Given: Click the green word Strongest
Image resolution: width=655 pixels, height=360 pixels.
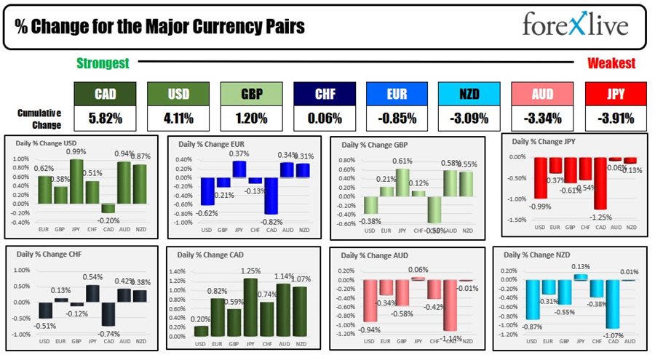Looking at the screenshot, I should [103, 63].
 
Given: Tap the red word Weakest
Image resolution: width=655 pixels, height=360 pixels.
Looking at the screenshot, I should [611, 63].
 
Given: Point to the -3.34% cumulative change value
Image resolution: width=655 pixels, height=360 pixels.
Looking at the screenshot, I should [541, 117].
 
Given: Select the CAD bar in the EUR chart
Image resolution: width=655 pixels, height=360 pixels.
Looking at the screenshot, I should [272, 196].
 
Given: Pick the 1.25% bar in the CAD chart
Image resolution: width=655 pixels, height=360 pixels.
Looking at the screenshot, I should [250, 305].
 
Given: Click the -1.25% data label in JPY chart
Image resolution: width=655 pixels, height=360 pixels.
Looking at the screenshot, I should [600, 217].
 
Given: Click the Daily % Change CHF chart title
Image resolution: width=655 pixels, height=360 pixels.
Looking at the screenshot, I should [47, 256].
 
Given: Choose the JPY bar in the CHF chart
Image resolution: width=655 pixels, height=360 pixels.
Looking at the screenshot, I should [93, 293].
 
